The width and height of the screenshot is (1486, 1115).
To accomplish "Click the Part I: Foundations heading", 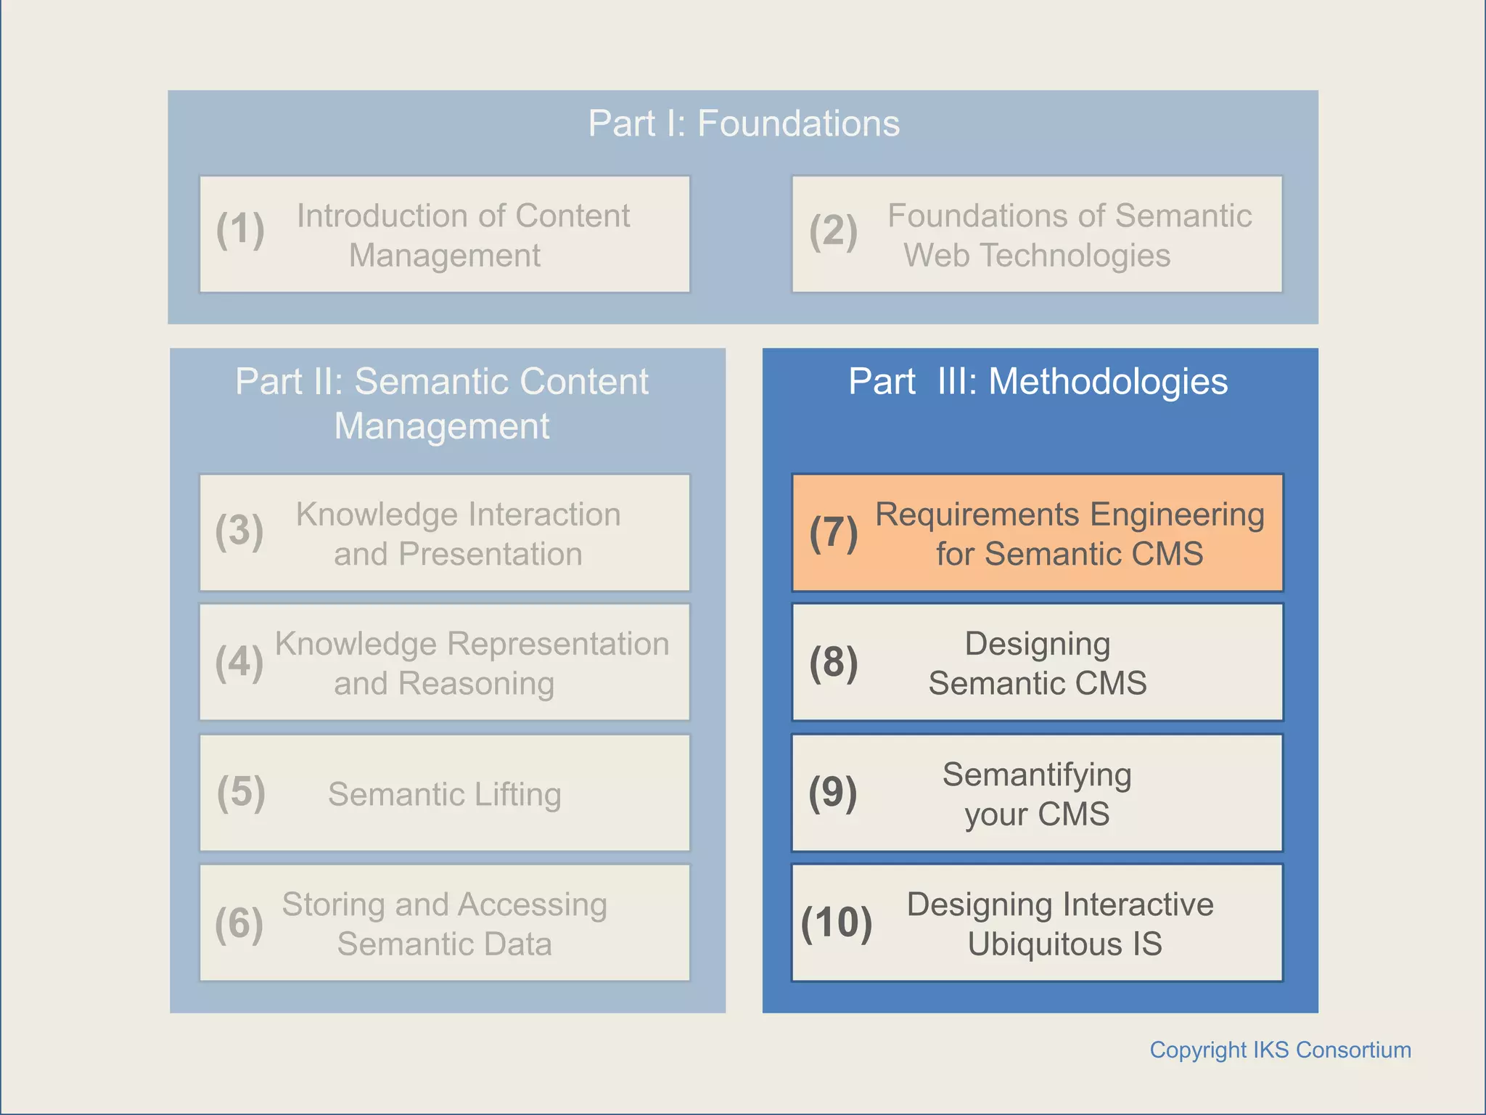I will pyautogui.click(x=743, y=123).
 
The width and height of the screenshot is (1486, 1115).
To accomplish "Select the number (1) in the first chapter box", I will pyautogui.click(x=240, y=230).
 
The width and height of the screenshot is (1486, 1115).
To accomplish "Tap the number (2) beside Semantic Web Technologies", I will pyautogui.click(x=833, y=232).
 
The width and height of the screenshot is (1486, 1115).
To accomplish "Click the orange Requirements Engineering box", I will pyautogui.click(x=1038, y=533).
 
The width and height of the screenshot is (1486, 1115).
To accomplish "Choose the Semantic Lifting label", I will pyautogui.click(x=444, y=794).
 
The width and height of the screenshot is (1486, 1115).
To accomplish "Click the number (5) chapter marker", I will pyautogui.click(x=241, y=792).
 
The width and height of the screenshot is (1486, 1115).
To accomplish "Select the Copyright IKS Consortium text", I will pyautogui.click(x=1280, y=1050).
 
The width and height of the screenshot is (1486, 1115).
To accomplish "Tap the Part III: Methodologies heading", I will pyautogui.click(x=1038, y=382).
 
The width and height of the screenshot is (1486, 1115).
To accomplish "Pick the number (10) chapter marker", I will pyautogui.click(x=836, y=923).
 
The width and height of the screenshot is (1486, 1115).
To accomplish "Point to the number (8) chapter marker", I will pyautogui.click(x=833, y=663).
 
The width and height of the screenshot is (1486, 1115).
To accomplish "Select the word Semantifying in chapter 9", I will pyautogui.click(x=1036, y=775).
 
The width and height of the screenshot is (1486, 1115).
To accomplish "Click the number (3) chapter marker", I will pyautogui.click(x=239, y=531).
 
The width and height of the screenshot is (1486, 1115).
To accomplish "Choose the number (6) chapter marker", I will pyautogui.click(x=239, y=924).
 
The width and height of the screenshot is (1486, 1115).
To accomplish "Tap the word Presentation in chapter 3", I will pyautogui.click(x=490, y=555).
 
